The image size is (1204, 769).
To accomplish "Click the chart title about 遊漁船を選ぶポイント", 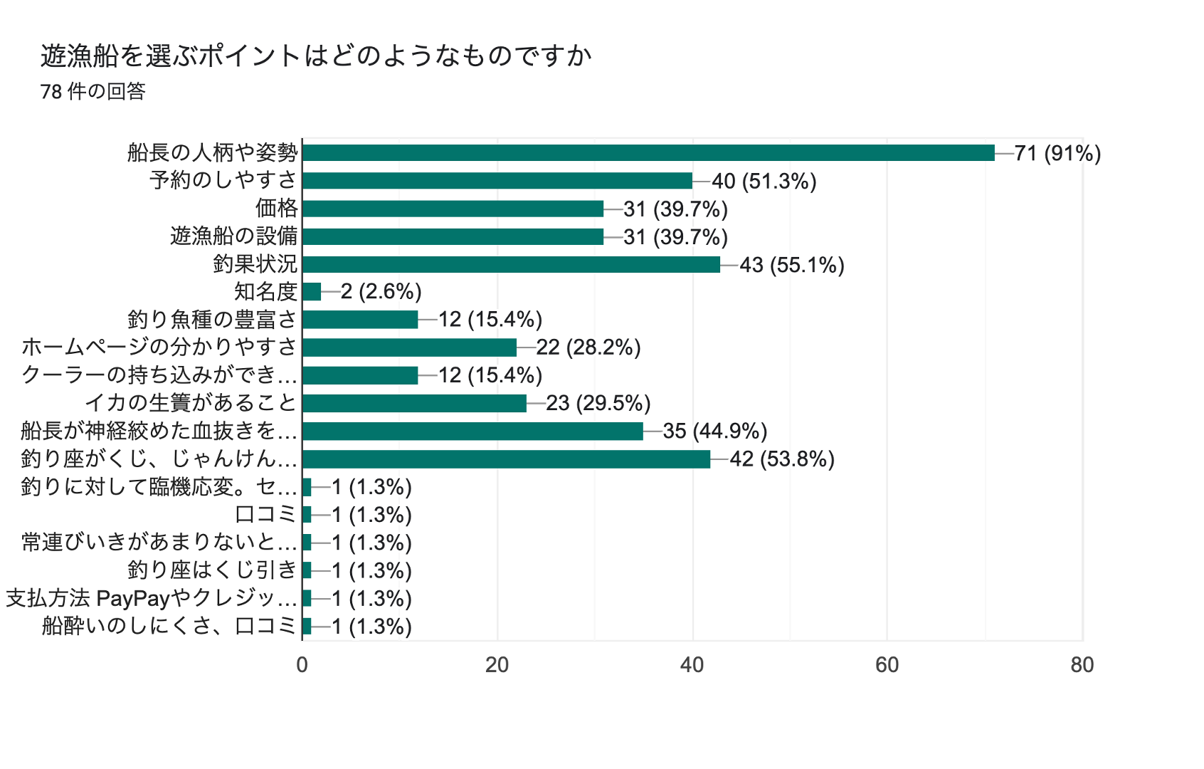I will pos(316,56).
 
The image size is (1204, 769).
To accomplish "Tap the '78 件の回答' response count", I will pos(93,92).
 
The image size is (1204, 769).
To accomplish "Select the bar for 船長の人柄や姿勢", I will pos(648,152).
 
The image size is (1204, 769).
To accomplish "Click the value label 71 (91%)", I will pos(1057,153).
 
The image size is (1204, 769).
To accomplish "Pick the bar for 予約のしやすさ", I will pos(497,180).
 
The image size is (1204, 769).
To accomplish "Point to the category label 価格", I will pos(277,208).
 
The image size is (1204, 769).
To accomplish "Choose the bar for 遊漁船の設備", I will pos(453,236).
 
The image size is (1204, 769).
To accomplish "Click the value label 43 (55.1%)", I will pos(792,265).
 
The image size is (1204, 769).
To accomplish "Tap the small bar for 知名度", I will pos(312,292).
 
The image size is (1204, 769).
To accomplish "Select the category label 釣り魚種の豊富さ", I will pos(212,319).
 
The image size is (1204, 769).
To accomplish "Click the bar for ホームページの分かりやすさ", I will pos(409,347).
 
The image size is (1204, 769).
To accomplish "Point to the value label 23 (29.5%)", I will pos(598,403).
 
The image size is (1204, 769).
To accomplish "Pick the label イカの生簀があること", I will pos(191,403).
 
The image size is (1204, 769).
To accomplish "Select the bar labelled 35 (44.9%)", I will pos(472,431).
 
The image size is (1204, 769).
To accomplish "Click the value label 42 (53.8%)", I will pos(782,459).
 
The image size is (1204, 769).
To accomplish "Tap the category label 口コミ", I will pos(265,514).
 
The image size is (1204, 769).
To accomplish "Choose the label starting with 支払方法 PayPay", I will pos(152,598).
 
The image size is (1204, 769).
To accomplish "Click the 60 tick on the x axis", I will pos(887,665).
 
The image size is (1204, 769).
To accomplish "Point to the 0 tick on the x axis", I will pos(302,665).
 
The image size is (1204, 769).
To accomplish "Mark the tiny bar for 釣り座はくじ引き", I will pos(307,570).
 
